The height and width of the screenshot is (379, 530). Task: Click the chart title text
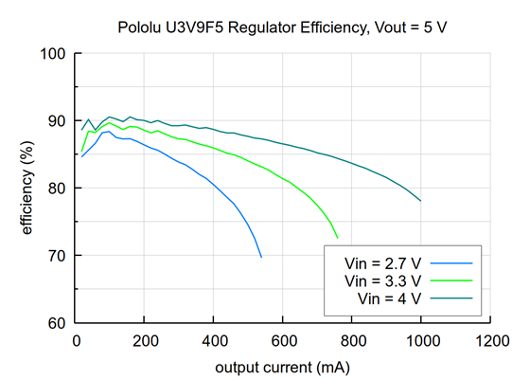coord(282,26)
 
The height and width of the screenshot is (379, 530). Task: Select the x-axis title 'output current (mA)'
coord(282,366)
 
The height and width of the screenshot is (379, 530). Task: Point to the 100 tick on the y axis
coord(53,54)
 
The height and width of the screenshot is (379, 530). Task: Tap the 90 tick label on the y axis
coord(57,121)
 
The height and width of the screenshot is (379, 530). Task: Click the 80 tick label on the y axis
coord(57,189)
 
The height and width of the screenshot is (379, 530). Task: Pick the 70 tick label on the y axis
coord(57,256)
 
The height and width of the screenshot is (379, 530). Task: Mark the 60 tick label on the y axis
coord(57,323)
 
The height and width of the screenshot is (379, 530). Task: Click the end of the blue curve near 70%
coord(261,257)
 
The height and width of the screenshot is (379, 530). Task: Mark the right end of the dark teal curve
coord(421,201)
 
